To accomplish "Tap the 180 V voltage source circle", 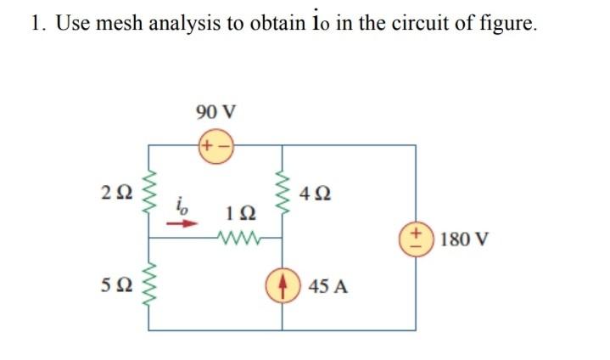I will (416, 238).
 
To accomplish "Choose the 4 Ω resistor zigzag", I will (282, 192).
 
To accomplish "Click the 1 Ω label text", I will (238, 211).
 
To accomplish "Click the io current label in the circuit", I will (182, 205).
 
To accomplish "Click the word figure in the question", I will (509, 24).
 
